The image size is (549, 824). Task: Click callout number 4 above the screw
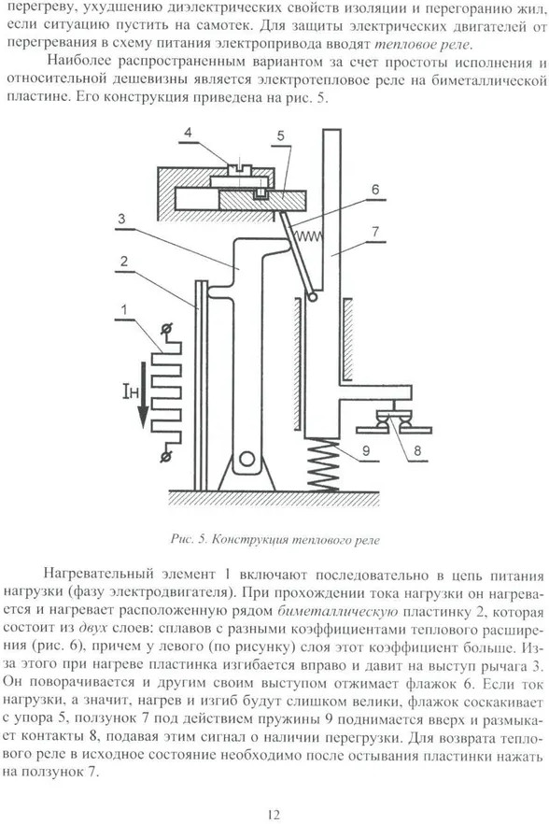tap(187, 133)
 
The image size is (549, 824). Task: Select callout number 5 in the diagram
tap(280, 136)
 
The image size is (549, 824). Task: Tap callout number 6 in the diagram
tap(374, 189)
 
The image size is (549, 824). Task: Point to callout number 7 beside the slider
tap(374, 232)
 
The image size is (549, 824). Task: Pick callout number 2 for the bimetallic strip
tap(123, 261)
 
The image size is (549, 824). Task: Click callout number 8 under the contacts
tap(418, 451)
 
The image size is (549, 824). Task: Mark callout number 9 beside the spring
tap(366, 451)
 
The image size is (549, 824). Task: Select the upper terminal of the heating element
tap(167, 330)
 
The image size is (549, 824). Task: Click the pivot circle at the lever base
tap(246, 458)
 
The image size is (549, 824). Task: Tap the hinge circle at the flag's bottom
tap(313, 297)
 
